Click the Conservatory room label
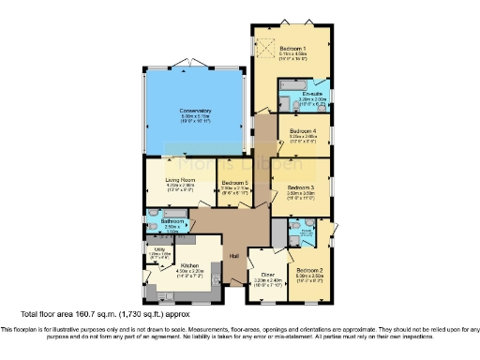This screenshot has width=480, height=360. pyautogui.click(x=196, y=112)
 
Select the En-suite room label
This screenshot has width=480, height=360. pyautogui.click(x=314, y=95)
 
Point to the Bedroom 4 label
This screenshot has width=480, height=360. pyautogui.click(x=303, y=130)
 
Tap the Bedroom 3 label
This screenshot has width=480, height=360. pyautogui.click(x=301, y=187)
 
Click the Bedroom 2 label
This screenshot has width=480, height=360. pyautogui.click(x=309, y=270)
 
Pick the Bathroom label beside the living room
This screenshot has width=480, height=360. pyautogui.click(x=172, y=221)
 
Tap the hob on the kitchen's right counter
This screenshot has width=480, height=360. pyautogui.click(x=216, y=272)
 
